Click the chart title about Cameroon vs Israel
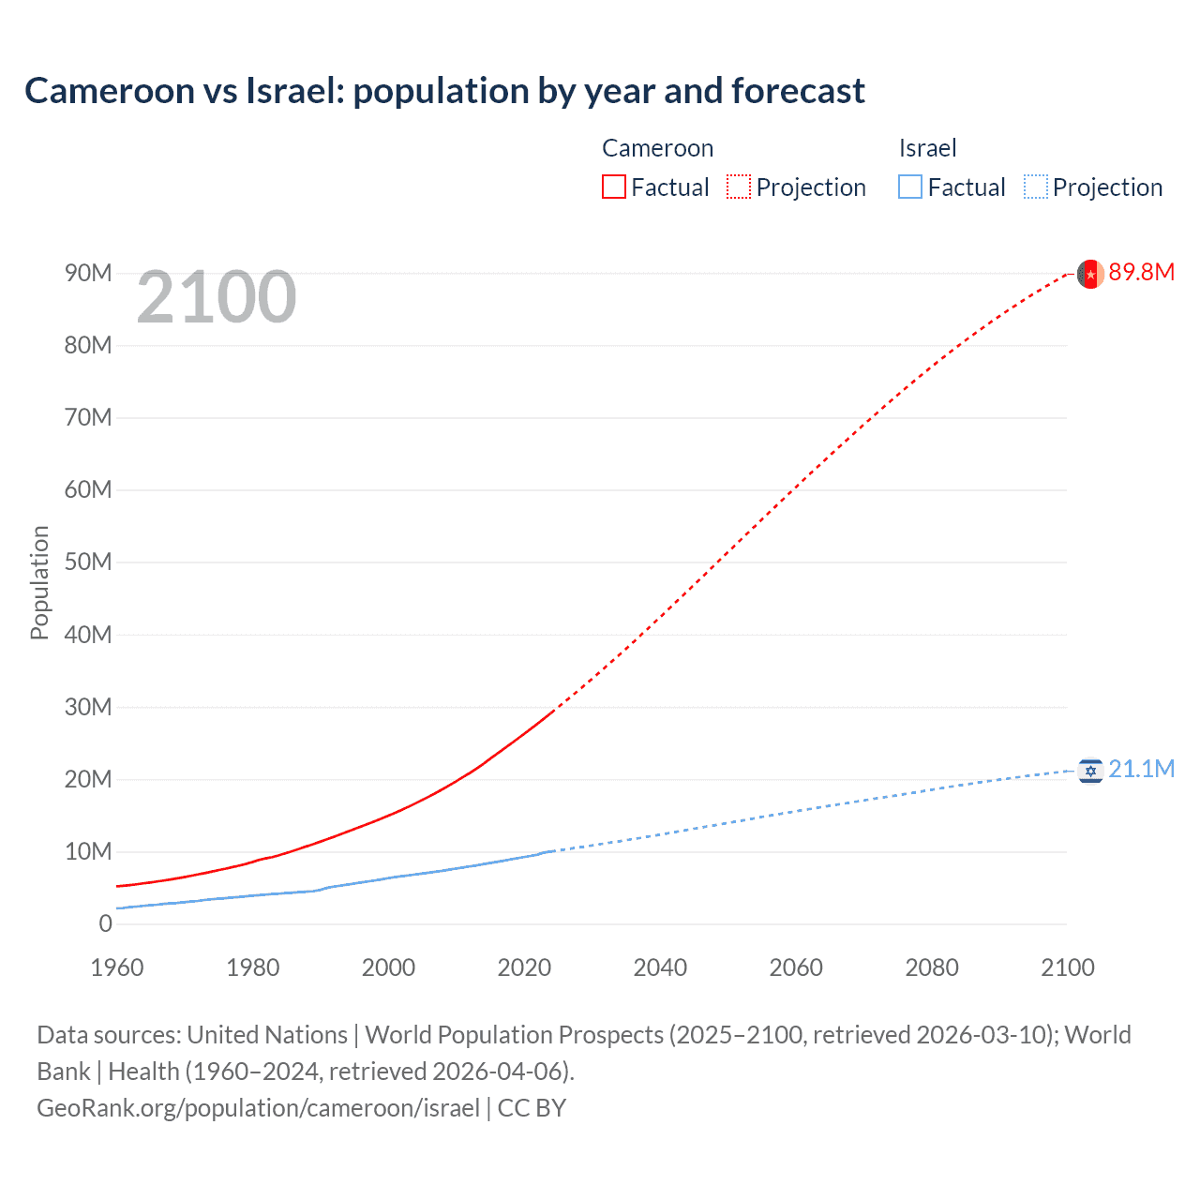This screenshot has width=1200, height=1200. [444, 91]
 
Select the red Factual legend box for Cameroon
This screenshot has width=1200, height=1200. [613, 187]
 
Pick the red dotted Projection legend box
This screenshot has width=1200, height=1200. [739, 187]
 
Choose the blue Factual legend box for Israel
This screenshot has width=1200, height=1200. [909, 187]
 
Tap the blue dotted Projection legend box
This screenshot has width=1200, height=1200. [1035, 187]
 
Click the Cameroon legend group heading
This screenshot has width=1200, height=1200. [657, 148]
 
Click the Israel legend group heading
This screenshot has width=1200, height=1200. [927, 148]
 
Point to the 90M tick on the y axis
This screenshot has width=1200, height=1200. [88, 273]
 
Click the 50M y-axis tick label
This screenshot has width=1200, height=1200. [88, 562]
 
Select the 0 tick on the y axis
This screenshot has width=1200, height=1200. [105, 923]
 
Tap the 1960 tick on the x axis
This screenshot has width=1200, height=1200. [117, 967]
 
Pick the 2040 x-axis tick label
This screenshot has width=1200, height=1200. [660, 967]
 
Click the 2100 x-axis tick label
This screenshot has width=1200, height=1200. [1067, 967]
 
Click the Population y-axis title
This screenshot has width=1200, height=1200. [39, 582]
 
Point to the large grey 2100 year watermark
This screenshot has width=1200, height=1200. [217, 297]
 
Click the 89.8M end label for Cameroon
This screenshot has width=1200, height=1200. [1141, 272]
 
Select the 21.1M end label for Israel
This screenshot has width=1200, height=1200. [1141, 769]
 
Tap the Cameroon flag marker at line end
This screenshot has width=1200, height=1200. [1089, 274]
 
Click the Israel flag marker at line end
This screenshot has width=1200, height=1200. [1089, 771]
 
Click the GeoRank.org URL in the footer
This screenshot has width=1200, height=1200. [258, 1107]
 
